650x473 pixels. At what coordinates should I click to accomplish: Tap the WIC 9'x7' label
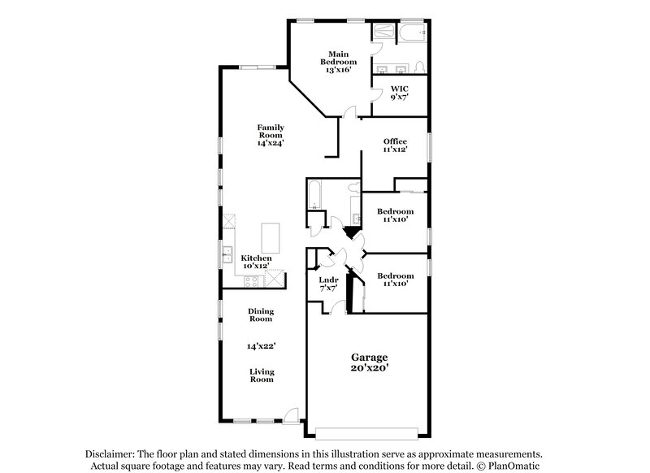(399, 93)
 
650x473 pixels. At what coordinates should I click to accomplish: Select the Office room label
(395, 145)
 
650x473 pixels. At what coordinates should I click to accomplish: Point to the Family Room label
(271, 134)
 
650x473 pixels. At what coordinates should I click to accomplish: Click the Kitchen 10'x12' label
(256, 262)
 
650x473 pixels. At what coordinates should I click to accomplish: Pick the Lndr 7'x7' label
(328, 284)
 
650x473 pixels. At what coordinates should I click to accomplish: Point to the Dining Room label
(261, 315)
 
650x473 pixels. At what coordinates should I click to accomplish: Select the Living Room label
(261, 375)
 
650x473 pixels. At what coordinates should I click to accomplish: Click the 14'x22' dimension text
(261, 345)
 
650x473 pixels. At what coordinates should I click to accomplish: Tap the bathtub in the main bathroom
(411, 33)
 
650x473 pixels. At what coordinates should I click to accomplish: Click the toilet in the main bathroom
(416, 67)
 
